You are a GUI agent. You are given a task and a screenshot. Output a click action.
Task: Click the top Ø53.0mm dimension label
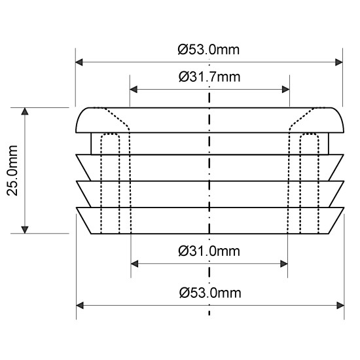click(209, 50)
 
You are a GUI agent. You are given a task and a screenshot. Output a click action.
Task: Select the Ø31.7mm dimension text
click(209, 77)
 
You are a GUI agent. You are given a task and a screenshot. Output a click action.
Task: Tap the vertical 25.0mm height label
click(12, 170)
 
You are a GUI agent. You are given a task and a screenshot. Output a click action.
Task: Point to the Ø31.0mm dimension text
click(209, 251)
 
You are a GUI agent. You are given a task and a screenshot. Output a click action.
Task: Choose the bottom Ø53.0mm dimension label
click(210, 293)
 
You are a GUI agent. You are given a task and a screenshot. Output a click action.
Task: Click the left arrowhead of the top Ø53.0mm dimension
click(79, 62)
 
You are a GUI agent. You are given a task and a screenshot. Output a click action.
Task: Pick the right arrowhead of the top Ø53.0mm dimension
click(339, 62)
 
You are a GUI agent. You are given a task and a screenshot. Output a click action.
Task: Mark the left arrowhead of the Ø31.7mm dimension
click(134, 89)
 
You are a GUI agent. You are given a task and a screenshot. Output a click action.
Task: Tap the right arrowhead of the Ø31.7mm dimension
click(285, 89)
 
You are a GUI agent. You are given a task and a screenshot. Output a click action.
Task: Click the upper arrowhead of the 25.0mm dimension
click(25, 111)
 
